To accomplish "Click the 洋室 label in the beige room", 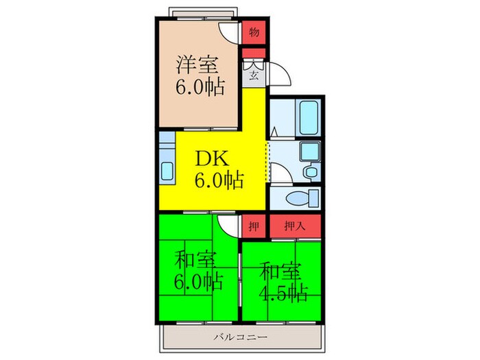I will coord(199,66).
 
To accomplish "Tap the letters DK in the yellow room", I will coord(212,158).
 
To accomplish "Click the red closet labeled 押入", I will coord(295,224).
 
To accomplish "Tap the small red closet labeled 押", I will coord(253,224).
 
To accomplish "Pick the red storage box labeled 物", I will coord(254,32).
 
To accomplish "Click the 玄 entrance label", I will coord(253,75).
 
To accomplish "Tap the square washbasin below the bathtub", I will coord(310,150).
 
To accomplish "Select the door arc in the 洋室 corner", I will coord(230,32).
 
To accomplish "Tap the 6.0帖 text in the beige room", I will coord(200,88).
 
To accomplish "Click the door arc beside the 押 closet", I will coord(228,225).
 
